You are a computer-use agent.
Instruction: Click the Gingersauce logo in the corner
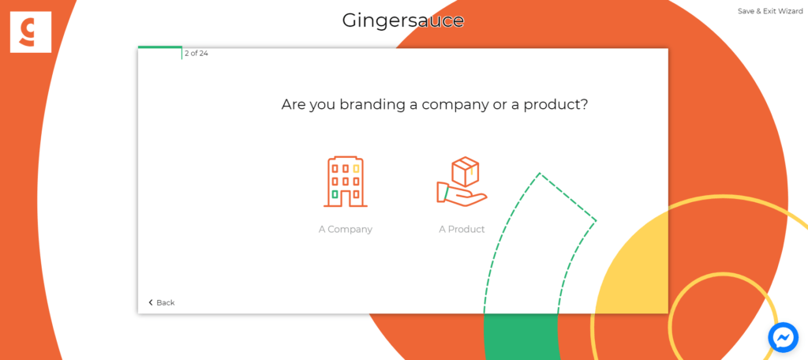[x=31, y=32]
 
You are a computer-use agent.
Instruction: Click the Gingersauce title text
[x=403, y=21]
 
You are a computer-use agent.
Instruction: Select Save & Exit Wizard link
[x=770, y=11]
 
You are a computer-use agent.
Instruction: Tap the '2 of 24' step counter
[x=196, y=53]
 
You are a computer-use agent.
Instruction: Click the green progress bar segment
[x=159, y=47]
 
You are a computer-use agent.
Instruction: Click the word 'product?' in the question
[x=556, y=106]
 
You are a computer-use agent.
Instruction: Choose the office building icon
[x=346, y=182]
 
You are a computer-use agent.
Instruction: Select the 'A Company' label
[x=346, y=230]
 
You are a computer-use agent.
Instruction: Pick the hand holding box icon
[x=462, y=182]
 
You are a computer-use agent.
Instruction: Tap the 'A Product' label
[x=462, y=230]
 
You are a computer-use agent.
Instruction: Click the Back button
[x=161, y=302]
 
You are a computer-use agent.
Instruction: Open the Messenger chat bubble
[x=784, y=338]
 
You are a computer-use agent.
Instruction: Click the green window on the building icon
[x=335, y=194]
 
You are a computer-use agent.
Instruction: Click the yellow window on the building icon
[x=356, y=169]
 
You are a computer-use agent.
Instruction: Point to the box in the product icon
[x=466, y=172]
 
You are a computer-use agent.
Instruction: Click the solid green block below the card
[x=522, y=336]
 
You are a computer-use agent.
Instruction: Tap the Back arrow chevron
[x=151, y=302]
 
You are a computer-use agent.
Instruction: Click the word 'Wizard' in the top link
[x=791, y=11]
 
